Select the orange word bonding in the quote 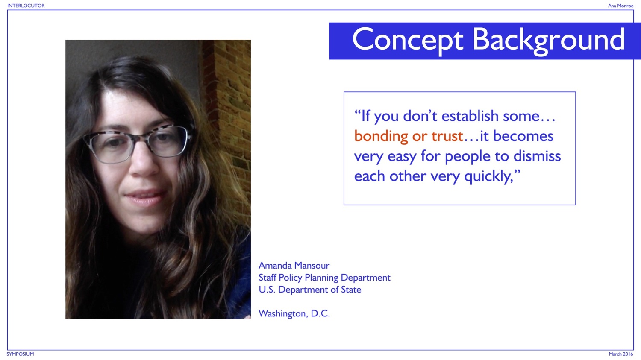coord(381,136)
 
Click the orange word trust coord(447,136)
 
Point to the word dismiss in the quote coord(537,156)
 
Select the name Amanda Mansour coord(294,266)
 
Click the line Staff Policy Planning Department coord(324,278)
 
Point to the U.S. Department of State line coord(310,290)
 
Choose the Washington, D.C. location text coord(294,314)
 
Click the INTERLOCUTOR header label coord(26,6)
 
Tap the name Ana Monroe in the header coord(620,6)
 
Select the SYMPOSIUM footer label coord(20,354)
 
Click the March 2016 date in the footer coord(621,354)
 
